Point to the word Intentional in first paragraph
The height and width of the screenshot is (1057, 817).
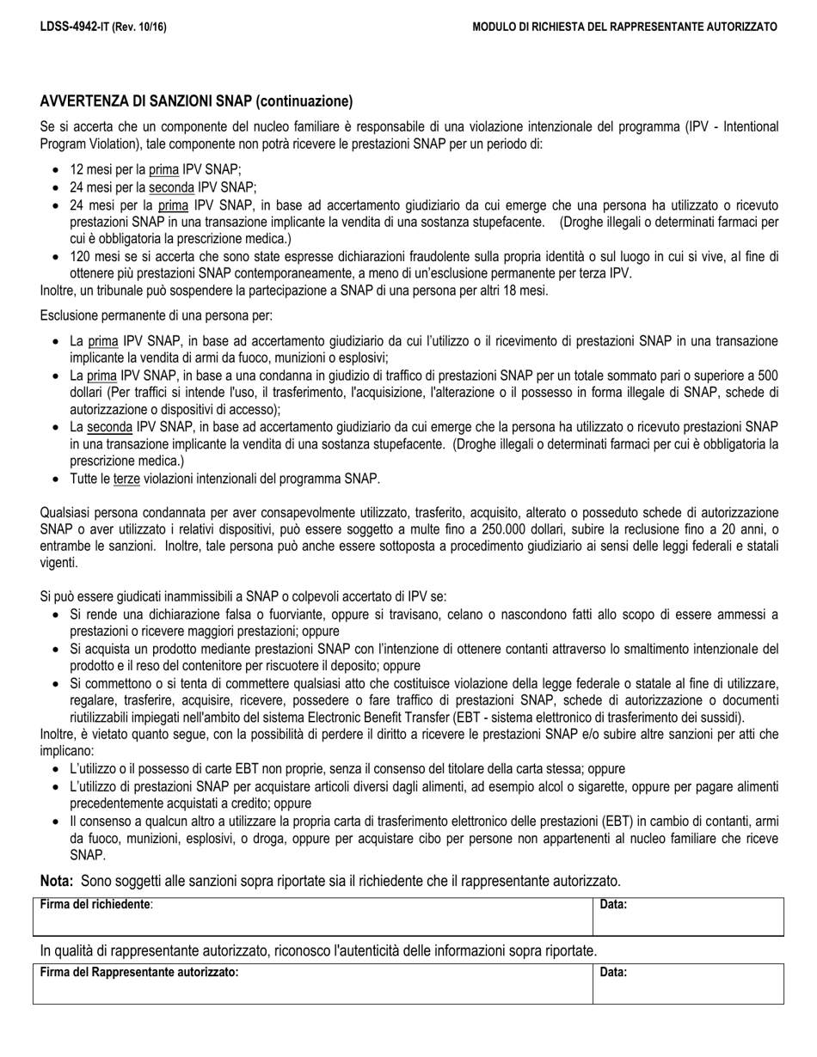747,126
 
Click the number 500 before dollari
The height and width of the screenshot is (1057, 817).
767,376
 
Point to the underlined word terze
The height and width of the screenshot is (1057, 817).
126,479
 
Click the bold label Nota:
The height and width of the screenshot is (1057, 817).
57,880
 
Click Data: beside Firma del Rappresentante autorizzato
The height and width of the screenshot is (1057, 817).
612,973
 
